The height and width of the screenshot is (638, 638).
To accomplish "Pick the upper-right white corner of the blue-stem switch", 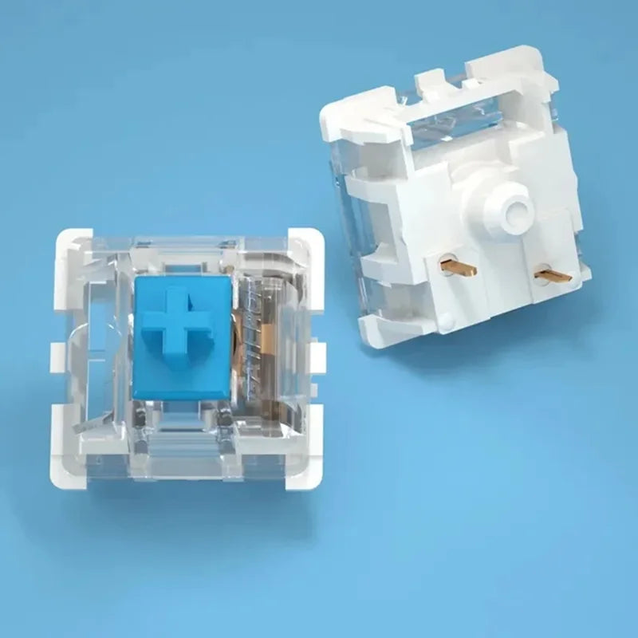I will point(301,244).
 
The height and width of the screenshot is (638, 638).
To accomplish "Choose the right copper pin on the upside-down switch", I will point(552,276).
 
